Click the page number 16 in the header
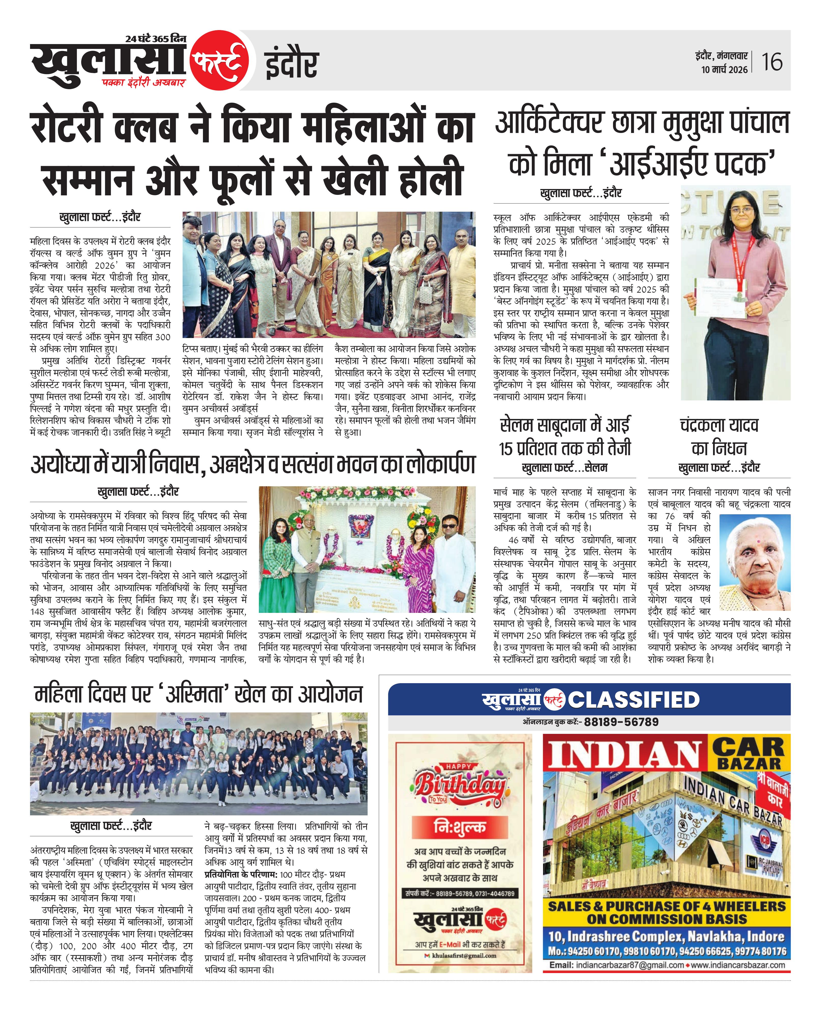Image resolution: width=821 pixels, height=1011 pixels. tap(771, 62)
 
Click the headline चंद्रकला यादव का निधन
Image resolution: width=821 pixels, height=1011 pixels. tap(719, 436)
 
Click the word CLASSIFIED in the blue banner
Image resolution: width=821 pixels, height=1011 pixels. tap(634, 700)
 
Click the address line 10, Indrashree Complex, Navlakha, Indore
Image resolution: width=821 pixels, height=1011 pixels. tap(666, 936)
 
